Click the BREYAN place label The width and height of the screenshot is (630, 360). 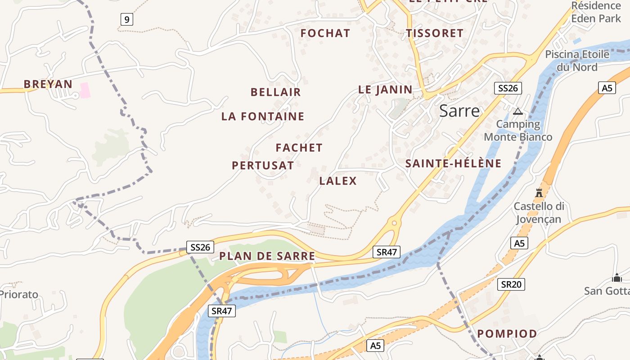pyautogui.click(x=48, y=84)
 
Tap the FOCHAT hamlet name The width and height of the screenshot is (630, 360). pyautogui.click(x=325, y=33)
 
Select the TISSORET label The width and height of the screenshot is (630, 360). pyautogui.click(x=434, y=33)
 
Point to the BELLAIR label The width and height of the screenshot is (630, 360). pyautogui.click(x=275, y=92)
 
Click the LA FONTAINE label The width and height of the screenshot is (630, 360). pyautogui.click(x=263, y=117)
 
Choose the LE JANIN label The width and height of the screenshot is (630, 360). pyautogui.click(x=385, y=90)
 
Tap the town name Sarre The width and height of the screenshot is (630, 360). pyautogui.click(x=459, y=111)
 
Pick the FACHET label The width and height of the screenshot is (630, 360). pyautogui.click(x=299, y=148)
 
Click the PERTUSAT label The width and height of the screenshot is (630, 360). pyautogui.click(x=263, y=166)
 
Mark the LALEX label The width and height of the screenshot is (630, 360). pyautogui.click(x=337, y=181)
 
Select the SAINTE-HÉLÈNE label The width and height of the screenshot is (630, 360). pyautogui.click(x=453, y=163)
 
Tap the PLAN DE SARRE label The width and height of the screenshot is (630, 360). pyautogui.click(x=267, y=256)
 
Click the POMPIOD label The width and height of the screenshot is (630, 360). pyautogui.click(x=507, y=334)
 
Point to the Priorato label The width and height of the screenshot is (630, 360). pyautogui.click(x=19, y=295)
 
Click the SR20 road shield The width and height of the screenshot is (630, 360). pyautogui.click(x=511, y=284)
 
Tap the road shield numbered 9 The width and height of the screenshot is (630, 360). pyautogui.click(x=127, y=19)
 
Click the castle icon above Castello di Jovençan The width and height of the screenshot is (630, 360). pyautogui.click(x=539, y=193)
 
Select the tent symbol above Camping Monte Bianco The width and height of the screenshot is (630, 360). pyautogui.click(x=517, y=111)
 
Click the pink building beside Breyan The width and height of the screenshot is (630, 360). pyautogui.click(x=85, y=90)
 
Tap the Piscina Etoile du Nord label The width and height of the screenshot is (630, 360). pyautogui.click(x=577, y=61)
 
